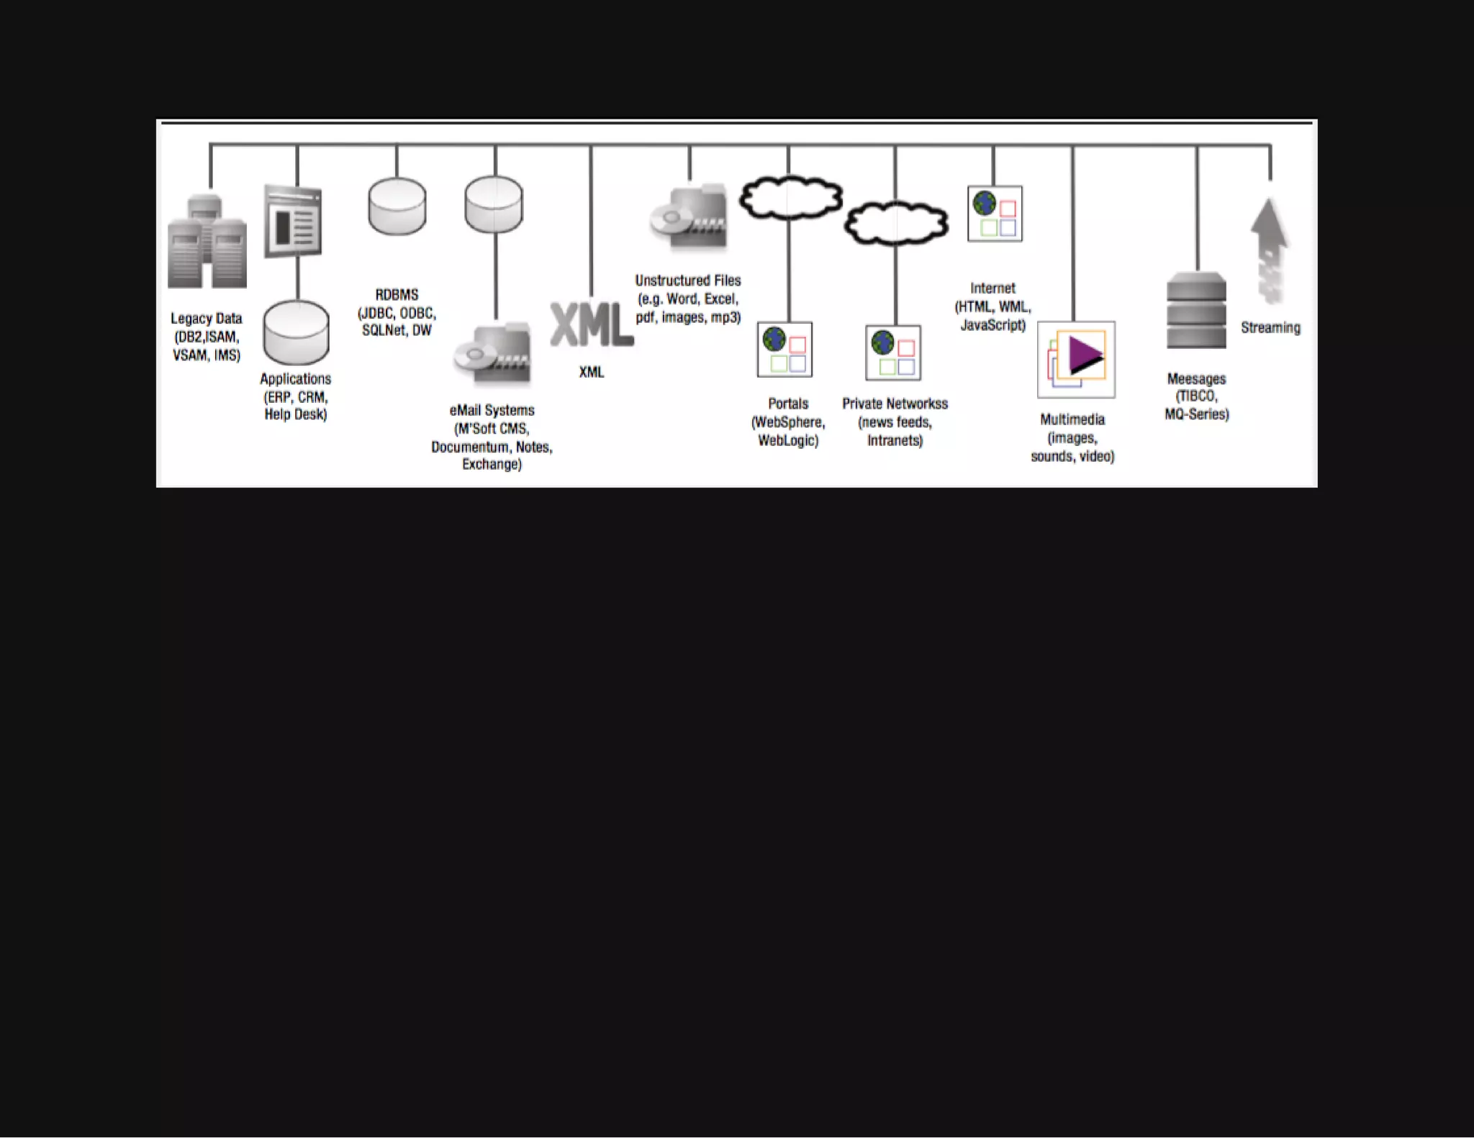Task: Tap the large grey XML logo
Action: point(592,325)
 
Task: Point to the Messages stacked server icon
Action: point(1196,310)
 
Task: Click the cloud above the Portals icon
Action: point(791,198)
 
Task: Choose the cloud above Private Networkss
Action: point(895,223)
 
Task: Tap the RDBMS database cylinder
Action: point(397,206)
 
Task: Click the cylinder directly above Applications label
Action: point(296,332)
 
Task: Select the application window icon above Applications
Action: point(293,221)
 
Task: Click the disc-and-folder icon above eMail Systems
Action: point(494,354)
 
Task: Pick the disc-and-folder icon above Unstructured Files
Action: point(689,218)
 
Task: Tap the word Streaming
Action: point(1270,328)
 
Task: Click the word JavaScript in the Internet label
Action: point(993,325)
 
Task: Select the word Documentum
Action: point(470,447)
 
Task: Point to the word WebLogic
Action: point(787,440)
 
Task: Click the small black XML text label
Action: point(592,372)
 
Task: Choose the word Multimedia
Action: point(1072,419)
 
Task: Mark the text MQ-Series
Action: point(1196,414)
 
